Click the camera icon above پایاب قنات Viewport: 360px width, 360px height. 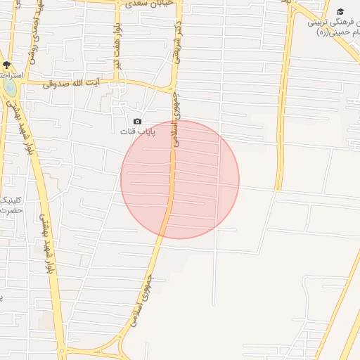coord(137,122)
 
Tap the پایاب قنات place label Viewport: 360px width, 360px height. coord(136,131)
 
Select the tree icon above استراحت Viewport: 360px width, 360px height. coord(6,65)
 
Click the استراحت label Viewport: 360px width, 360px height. coord(13,75)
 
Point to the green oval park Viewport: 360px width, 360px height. coord(9,86)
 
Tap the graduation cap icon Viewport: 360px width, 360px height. coord(340,12)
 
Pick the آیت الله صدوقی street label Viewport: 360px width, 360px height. coord(70,84)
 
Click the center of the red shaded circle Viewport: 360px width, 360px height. coord(180,179)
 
